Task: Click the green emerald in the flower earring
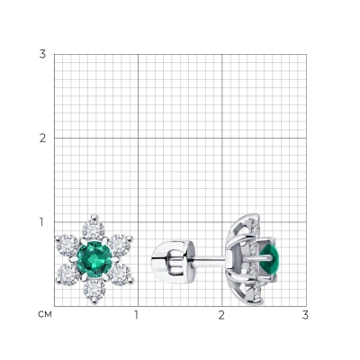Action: click(x=94, y=257)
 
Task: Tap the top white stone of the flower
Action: click(x=94, y=230)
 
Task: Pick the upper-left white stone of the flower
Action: click(x=67, y=246)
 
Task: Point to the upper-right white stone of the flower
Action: click(x=120, y=245)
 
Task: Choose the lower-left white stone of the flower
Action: click(x=68, y=274)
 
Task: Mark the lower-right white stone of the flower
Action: click(x=121, y=274)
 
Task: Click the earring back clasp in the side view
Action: click(x=173, y=259)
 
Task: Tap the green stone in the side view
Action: click(x=271, y=257)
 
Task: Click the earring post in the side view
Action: click(x=210, y=259)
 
